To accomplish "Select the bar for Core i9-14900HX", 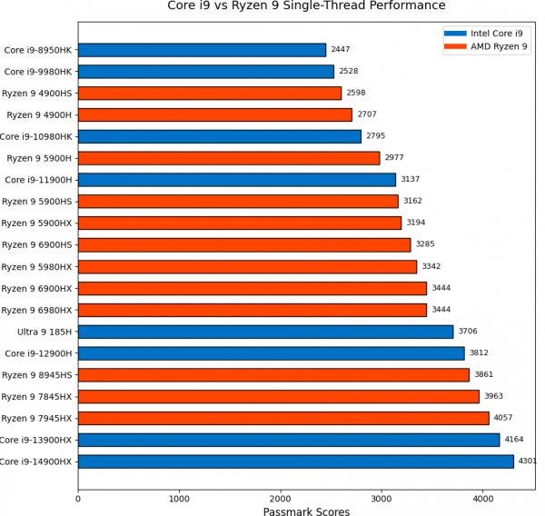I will tap(296, 461).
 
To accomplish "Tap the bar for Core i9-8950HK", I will tap(202, 50).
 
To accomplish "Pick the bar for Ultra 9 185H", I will tap(265, 332).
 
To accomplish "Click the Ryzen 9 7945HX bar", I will tap(283, 418).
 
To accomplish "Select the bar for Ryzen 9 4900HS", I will tap(210, 93).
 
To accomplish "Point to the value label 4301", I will tap(528, 461).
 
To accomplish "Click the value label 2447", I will tap(341, 50).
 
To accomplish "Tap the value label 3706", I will tap(468, 332).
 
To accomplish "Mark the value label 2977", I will tap(394, 158).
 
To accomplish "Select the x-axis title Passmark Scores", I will tap(306, 511).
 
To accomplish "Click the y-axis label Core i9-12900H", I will tap(39, 353).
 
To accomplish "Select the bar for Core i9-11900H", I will tap(237, 180).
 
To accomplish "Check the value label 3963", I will tap(494, 396).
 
